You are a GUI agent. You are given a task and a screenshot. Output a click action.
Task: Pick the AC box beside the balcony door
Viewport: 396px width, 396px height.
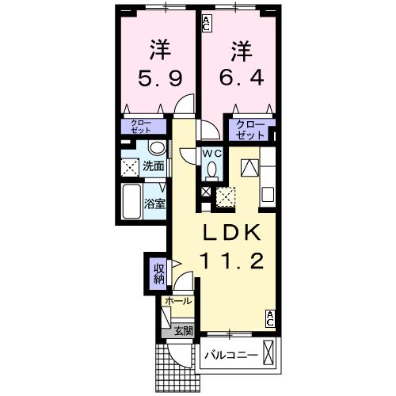[270, 318]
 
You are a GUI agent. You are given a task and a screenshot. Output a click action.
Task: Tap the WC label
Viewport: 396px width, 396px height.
[211, 152]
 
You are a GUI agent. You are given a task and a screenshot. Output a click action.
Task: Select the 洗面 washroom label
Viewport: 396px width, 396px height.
[154, 166]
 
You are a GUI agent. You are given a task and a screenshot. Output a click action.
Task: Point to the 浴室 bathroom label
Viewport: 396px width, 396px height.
[154, 204]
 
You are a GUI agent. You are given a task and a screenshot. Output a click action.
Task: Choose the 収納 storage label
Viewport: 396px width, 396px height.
[158, 273]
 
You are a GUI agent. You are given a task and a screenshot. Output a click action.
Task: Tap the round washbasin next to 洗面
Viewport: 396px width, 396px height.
[156, 149]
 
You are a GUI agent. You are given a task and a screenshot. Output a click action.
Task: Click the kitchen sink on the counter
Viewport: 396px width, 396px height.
[266, 192]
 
